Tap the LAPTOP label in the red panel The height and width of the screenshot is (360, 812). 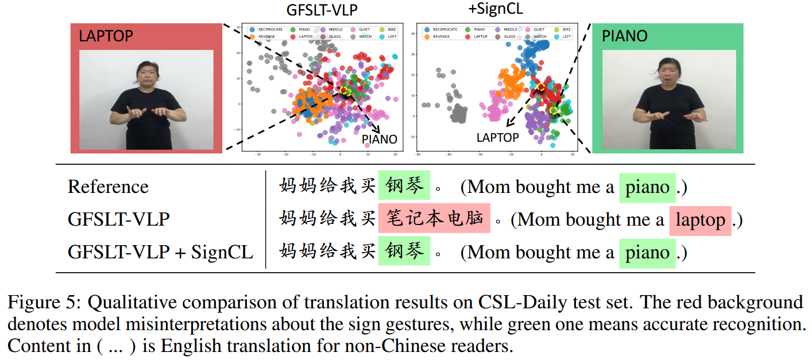(106, 36)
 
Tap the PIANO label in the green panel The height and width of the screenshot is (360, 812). (625, 36)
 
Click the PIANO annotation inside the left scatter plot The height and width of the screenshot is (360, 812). (379, 139)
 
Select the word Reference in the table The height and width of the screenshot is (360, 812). (108, 187)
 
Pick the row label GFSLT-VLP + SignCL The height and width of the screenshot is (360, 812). (161, 252)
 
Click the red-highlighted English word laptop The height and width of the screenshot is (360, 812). (700, 220)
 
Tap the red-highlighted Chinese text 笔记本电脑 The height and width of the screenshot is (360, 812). (434, 219)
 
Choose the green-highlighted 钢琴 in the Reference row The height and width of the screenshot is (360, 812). (404, 186)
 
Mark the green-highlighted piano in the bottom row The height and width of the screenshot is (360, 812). (647, 253)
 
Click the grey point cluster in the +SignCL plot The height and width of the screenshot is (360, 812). (458, 112)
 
